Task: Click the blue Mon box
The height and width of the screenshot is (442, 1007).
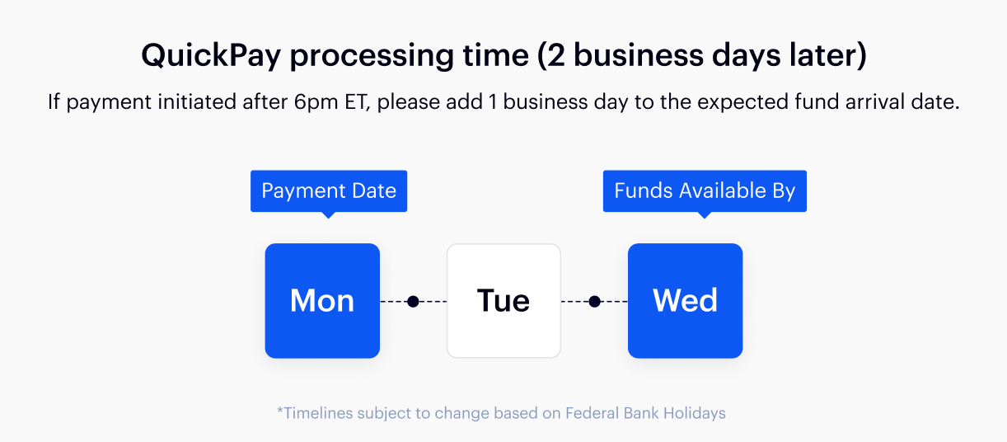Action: click(x=322, y=301)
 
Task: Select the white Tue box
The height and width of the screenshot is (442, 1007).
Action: click(x=503, y=301)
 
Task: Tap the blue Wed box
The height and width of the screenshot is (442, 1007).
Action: click(x=685, y=301)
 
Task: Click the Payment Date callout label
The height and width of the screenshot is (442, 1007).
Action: click(x=329, y=191)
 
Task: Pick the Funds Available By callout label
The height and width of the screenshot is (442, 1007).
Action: click(x=705, y=191)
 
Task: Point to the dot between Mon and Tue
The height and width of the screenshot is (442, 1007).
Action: click(x=414, y=302)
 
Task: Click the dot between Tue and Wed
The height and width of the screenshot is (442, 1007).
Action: click(x=595, y=302)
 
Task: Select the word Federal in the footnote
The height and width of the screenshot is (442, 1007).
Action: click(x=592, y=413)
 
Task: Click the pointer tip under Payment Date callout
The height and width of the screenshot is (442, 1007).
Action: click(x=329, y=215)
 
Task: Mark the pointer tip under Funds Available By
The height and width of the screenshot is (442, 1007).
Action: click(x=705, y=215)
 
